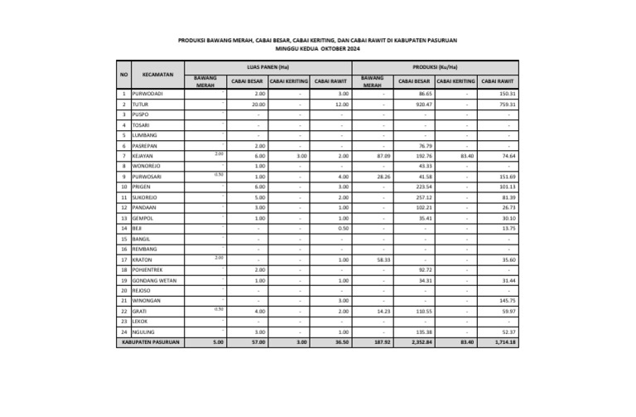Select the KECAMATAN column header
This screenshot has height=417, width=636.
pyautogui.click(x=157, y=75)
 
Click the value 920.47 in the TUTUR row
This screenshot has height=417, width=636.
pyautogui.click(x=424, y=105)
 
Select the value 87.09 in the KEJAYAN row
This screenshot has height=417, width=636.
pyautogui.click(x=383, y=156)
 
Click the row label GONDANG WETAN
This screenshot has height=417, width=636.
pyautogui.click(x=154, y=280)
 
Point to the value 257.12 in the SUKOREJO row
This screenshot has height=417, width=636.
pyautogui.click(x=424, y=198)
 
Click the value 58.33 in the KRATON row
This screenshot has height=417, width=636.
pyautogui.click(x=383, y=259)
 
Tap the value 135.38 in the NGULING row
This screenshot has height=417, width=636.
pyautogui.click(x=424, y=332)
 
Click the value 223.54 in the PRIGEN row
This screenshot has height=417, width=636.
pyautogui.click(x=424, y=187)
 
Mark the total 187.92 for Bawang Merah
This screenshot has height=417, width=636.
pyautogui.click(x=381, y=342)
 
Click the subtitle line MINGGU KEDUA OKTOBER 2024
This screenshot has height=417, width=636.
pyautogui.click(x=317, y=49)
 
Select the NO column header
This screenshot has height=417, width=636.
pyautogui.click(x=123, y=75)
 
